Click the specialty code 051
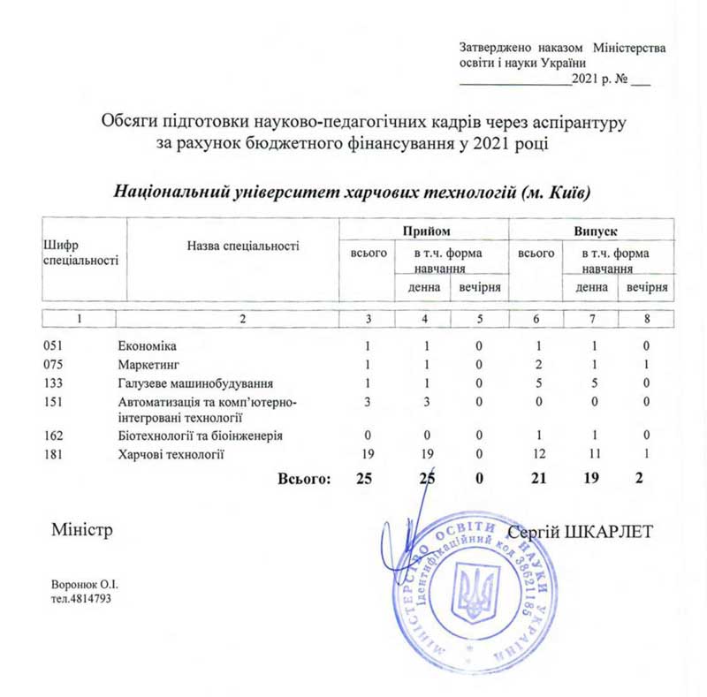point(55,345)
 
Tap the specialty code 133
point(55,383)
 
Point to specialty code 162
point(55,436)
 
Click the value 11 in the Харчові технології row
point(591,454)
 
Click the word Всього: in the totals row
point(304,479)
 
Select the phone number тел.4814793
point(81,599)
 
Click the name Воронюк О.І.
point(86,585)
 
